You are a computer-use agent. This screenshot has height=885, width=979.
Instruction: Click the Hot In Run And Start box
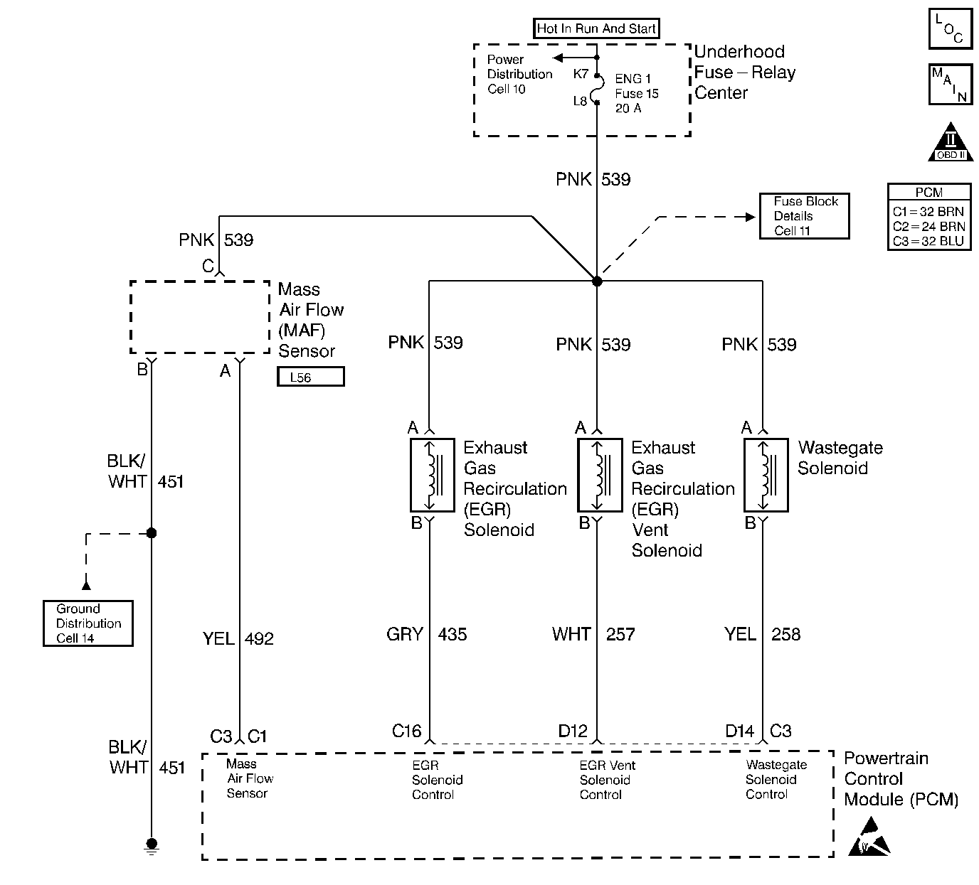pos(596,28)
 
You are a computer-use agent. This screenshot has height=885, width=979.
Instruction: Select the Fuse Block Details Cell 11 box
pos(804,216)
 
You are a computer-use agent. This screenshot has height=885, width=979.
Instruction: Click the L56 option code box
pos(310,377)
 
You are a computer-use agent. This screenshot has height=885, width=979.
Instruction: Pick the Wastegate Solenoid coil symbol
pos(766,475)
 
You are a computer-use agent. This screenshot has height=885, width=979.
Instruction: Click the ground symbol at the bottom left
pos(151,844)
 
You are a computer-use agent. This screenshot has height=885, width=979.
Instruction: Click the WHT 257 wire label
pos(593,634)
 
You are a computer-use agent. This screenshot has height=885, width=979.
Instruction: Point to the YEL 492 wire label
pos(238,638)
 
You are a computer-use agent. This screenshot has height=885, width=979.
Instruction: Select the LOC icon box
pos(950,30)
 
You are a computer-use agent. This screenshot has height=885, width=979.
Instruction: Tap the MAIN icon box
pos(950,85)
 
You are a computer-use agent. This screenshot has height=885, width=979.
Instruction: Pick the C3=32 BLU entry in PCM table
pos(928,241)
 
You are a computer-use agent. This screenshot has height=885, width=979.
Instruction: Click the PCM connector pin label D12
pos(573,731)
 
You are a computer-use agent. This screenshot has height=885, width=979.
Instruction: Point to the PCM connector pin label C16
pos(407,731)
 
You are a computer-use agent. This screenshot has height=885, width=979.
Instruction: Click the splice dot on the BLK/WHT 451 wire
pos(151,532)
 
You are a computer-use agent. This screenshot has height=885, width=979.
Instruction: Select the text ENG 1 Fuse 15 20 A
pos(637,93)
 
